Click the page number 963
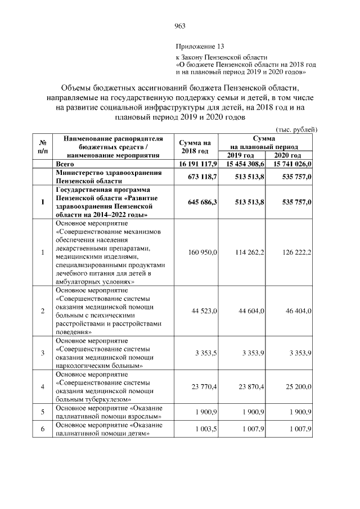pyautogui.click(x=180, y=26)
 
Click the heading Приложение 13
pyautogui.click(x=200, y=46)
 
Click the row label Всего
pyautogui.click(x=65, y=164)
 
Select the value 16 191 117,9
pyautogui.click(x=198, y=164)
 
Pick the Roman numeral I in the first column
pyautogui.click(x=43, y=202)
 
